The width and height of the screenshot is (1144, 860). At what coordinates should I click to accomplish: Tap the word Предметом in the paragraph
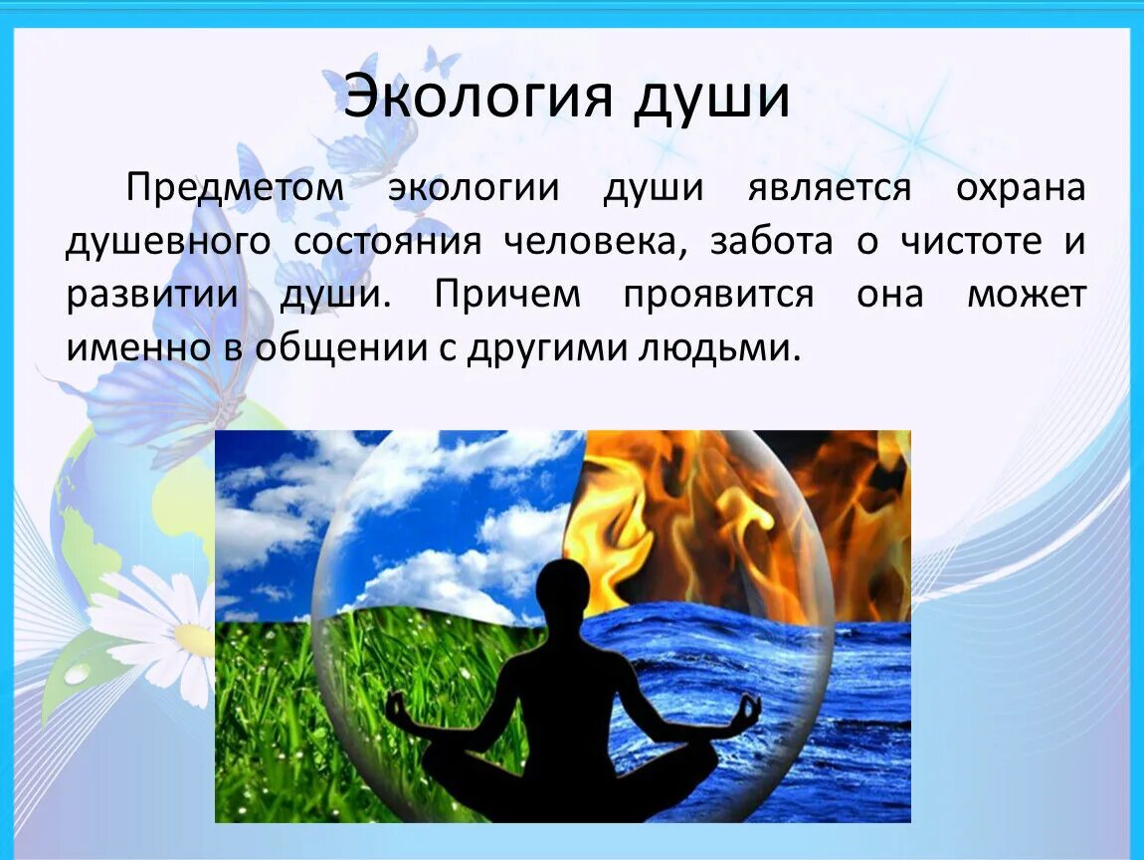click(234, 188)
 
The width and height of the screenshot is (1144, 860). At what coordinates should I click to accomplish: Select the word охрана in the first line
click(1021, 188)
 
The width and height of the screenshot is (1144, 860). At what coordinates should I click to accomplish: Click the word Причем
click(506, 296)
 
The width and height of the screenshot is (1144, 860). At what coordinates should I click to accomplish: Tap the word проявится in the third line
click(718, 296)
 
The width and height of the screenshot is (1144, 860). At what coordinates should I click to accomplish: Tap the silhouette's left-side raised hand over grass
click(397, 710)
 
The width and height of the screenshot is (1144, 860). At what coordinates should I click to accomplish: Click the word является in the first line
click(829, 188)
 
